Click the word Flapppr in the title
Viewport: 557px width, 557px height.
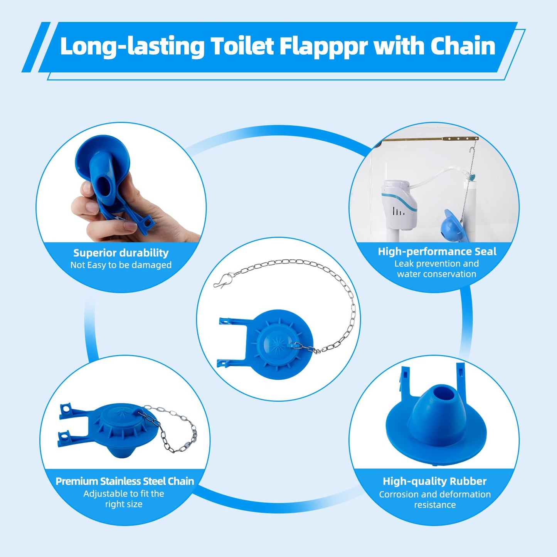click(x=323, y=46)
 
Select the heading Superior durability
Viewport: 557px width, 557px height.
click(x=121, y=253)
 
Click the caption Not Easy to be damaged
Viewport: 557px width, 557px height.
click(x=121, y=265)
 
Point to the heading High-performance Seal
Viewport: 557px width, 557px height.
click(x=437, y=252)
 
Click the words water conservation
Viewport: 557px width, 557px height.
click(x=437, y=274)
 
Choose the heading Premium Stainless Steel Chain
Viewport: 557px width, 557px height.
click(x=125, y=481)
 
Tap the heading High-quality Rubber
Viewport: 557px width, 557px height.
click(x=434, y=481)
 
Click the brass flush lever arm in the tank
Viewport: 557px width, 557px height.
click(x=428, y=140)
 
